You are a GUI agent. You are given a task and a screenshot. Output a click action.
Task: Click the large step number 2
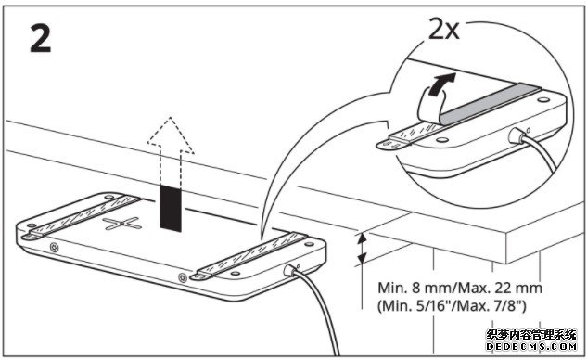41,39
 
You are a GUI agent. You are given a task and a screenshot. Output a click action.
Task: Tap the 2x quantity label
444,30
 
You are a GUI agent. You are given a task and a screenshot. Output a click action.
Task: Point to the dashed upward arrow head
171,135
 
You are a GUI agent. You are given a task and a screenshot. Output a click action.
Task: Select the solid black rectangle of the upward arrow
171,207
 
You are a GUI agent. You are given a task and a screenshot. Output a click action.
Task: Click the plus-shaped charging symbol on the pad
122,224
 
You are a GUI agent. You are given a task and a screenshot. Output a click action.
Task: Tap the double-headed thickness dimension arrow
362,249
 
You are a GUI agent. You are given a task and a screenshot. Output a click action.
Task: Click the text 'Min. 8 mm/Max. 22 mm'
460,288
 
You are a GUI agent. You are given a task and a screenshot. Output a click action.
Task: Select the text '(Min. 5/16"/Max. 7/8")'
452,306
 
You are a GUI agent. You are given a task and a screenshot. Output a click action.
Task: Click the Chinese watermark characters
531,335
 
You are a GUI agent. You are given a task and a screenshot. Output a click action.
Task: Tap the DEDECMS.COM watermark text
531,346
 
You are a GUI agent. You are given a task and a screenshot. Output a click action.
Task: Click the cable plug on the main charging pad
290,269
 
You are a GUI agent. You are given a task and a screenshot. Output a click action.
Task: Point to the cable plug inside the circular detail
516,135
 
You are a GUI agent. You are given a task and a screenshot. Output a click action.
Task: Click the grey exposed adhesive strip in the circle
491,103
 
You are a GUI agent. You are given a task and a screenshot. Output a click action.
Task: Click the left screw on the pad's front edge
55,247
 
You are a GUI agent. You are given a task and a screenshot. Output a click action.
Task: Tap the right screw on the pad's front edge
183,277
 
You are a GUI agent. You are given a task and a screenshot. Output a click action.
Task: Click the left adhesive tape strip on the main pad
81,217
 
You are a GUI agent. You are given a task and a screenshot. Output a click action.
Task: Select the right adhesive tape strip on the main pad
249,256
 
